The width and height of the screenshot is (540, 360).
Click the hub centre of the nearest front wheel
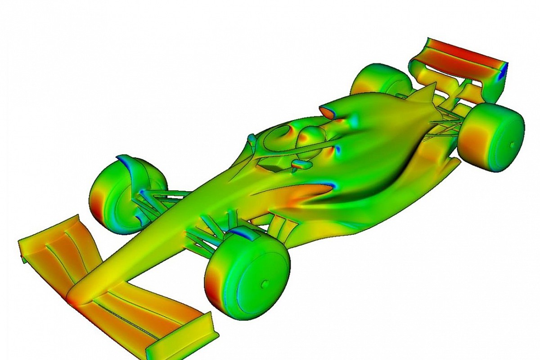click(x=265, y=284)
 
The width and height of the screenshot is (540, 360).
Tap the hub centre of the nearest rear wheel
click(x=512, y=144)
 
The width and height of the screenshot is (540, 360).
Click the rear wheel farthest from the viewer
click(x=378, y=83)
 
